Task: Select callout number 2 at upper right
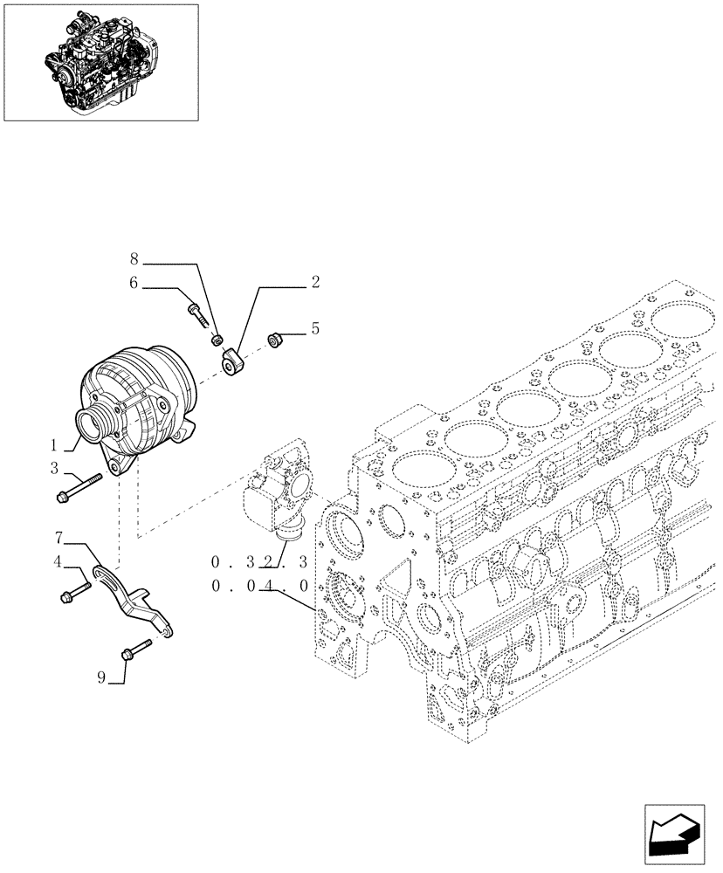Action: (x=315, y=282)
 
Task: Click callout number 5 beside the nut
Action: (x=315, y=330)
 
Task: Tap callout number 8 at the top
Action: (x=134, y=259)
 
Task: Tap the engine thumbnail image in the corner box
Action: (x=100, y=60)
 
